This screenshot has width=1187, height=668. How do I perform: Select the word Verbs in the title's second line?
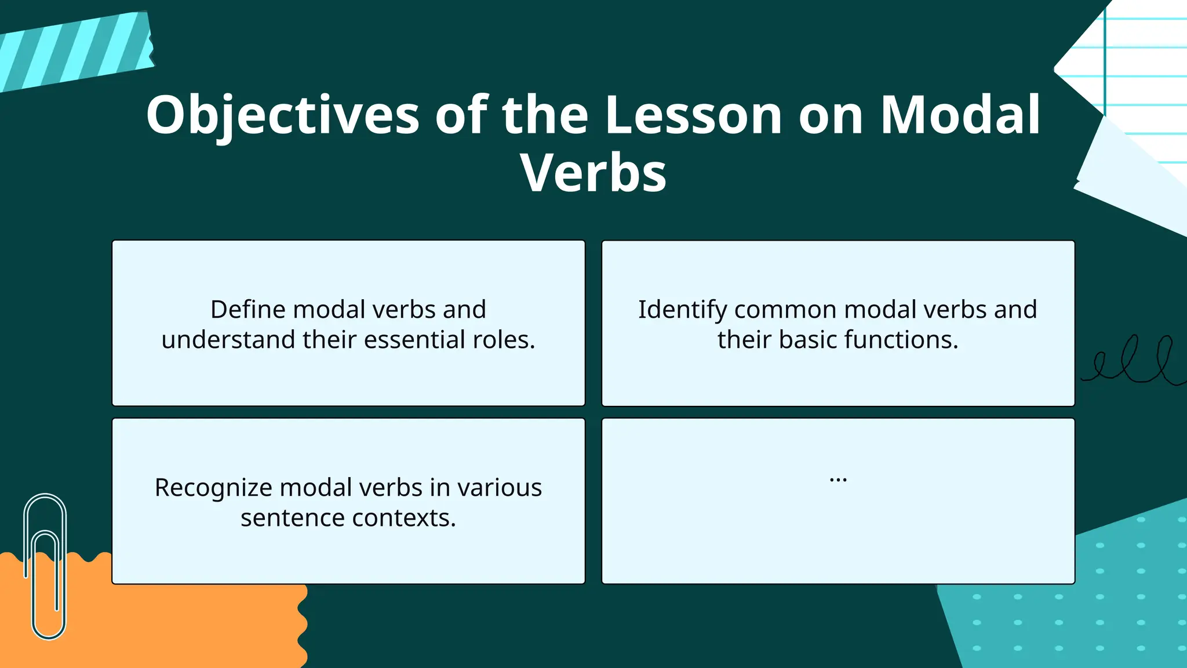593,173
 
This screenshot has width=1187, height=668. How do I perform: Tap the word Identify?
682,310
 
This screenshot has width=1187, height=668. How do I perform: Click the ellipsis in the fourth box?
838,480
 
